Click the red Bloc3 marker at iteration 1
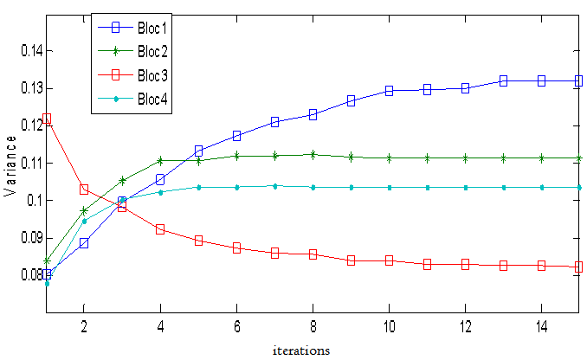pyautogui.click(x=46, y=119)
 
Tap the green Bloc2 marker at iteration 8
pyautogui.click(x=313, y=155)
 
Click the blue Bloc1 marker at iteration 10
pyautogui.click(x=389, y=90)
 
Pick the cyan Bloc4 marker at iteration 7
pyautogui.click(x=274, y=186)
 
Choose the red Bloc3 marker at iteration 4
pyautogui.click(x=160, y=229)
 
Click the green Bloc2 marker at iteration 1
pyautogui.click(x=46, y=260)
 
